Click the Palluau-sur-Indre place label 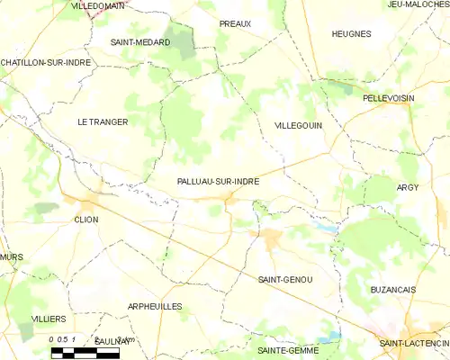[x=219, y=181]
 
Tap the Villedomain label [x=99, y=5]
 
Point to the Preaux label [x=236, y=23]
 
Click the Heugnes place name [x=351, y=33]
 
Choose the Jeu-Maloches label [x=418, y=4]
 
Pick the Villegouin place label [x=297, y=127]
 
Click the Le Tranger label [x=103, y=121]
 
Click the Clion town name [x=86, y=219]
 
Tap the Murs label [x=12, y=257]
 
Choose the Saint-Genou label [x=284, y=280]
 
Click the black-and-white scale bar [x=85, y=354]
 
